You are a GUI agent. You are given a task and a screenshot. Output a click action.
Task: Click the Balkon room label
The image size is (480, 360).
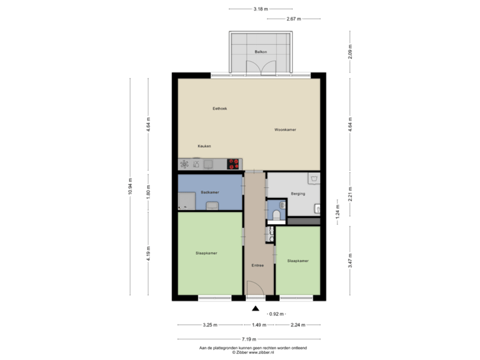point(261,51)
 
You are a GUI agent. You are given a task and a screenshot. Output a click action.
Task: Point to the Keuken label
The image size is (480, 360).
point(205,145)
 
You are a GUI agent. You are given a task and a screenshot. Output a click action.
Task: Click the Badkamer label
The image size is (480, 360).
point(210,192)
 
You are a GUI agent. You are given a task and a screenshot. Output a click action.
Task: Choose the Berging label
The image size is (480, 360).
point(298,194)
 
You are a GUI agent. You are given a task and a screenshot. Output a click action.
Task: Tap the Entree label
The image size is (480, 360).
point(257,265)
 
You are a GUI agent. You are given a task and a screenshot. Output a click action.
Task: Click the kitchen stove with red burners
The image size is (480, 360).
point(233,163)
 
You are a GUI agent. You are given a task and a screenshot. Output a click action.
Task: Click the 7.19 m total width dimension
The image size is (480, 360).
point(255,339)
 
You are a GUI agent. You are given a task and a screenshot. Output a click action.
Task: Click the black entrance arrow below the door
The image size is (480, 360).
point(255,308)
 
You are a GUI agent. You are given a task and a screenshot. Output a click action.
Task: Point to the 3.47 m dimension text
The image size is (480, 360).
point(351,259)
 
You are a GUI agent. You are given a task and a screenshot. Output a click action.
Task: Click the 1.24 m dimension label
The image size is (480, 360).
point(338,211)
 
